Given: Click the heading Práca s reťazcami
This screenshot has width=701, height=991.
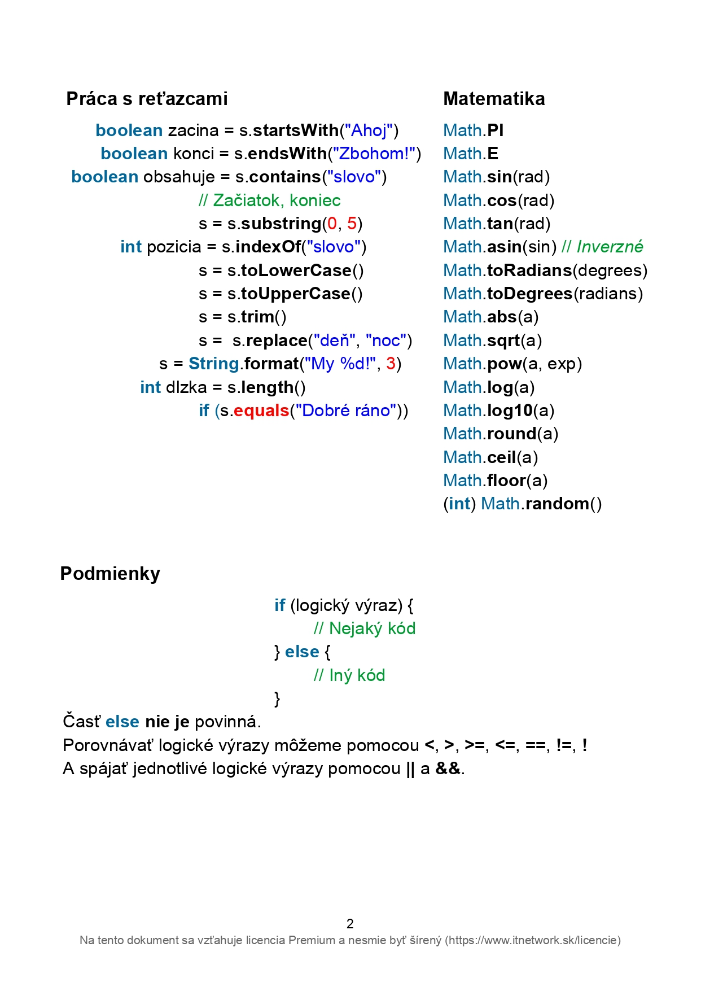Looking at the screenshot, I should pyautogui.click(x=147, y=99).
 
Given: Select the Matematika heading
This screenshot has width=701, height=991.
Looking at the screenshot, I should pyautogui.click(x=494, y=99).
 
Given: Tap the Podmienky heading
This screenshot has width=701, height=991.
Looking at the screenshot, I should pyautogui.click(x=110, y=574).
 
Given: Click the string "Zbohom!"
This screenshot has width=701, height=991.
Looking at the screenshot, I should pyautogui.click(x=374, y=154).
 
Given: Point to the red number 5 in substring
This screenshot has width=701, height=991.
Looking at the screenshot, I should pyautogui.click(x=352, y=224).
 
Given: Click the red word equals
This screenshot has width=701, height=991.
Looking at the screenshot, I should pyautogui.click(x=261, y=411).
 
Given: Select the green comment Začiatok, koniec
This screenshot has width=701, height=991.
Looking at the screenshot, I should pyautogui.click(x=270, y=200).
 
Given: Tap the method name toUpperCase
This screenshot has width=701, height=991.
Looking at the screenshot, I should pyautogui.click(x=296, y=294).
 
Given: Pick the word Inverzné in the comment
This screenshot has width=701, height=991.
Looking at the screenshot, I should pyautogui.click(x=610, y=247).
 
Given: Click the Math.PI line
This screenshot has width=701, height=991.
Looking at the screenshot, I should pyautogui.click(x=473, y=130).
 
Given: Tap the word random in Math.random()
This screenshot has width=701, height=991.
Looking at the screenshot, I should pyautogui.click(x=557, y=504).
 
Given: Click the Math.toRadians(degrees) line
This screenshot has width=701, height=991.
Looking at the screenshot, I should pyautogui.click(x=545, y=270).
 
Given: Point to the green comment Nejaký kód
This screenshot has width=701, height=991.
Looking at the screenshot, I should pyautogui.click(x=365, y=628).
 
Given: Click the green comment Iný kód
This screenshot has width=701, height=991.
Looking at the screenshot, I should pyautogui.click(x=349, y=675).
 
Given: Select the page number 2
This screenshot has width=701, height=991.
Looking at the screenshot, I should pyautogui.click(x=350, y=924).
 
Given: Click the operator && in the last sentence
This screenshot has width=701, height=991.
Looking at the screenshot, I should pyautogui.click(x=448, y=769).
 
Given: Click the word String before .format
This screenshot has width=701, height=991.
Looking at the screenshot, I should pyautogui.click(x=214, y=364).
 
